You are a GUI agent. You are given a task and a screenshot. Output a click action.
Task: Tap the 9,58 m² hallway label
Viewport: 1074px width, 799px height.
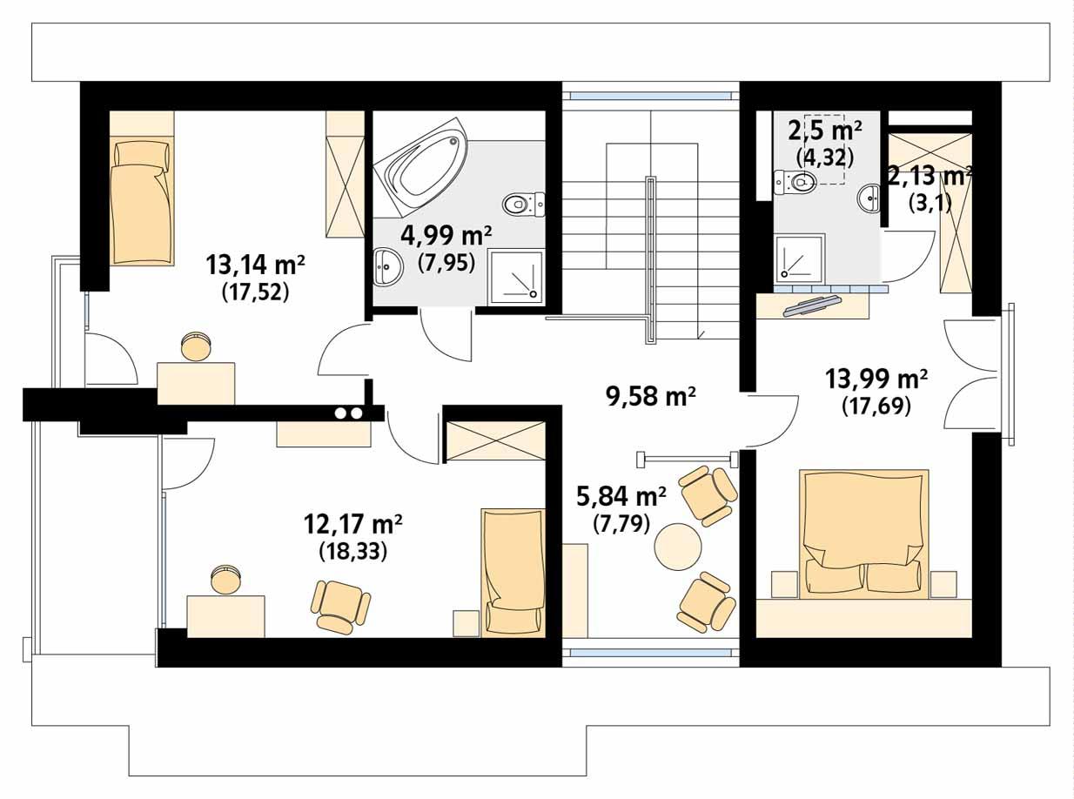[x=650, y=396]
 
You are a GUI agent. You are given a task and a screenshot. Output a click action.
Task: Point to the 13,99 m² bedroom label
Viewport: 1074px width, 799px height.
[x=876, y=379]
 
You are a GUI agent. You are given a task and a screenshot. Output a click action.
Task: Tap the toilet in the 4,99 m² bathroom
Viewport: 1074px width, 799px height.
[x=521, y=205]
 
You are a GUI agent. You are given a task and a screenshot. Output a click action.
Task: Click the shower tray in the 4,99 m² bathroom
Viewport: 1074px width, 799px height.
[x=515, y=277]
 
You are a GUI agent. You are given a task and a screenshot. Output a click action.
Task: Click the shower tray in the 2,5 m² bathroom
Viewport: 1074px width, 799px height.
[x=799, y=257]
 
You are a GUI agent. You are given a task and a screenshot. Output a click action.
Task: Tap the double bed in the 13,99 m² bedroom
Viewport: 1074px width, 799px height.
[x=864, y=533]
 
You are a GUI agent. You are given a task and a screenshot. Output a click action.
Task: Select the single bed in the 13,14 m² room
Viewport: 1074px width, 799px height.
[x=141, y=200]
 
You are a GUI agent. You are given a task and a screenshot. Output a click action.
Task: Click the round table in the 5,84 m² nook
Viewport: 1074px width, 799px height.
[x=678, y=546]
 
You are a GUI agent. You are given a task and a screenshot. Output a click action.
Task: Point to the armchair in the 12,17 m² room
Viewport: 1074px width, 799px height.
[x=340, y=606]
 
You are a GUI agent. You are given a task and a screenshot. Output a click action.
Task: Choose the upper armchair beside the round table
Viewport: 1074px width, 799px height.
[x=708, y=494]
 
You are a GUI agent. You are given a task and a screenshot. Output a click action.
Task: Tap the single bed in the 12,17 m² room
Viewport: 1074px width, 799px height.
[x=513, y=571]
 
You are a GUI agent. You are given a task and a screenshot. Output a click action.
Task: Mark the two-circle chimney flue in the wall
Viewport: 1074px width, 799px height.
[x=348, y=413]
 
